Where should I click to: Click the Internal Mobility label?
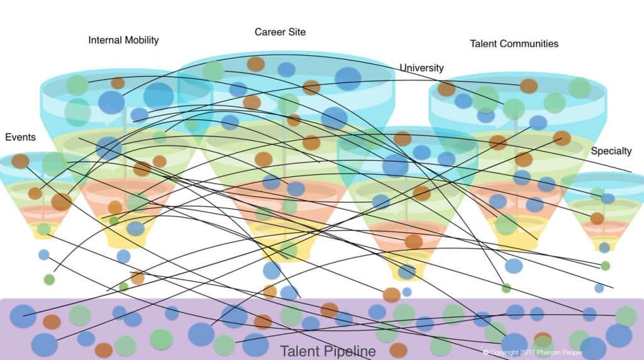tap(123, 40)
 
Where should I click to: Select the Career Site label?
tap(280, 31)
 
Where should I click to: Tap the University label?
tap(421, 68)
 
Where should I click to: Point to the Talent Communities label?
tap(514, 44)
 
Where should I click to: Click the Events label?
tap(20, 137)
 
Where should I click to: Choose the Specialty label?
tap(611, 152)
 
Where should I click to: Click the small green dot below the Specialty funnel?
tap(605, 266)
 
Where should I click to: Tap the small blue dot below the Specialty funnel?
tap(599, 288)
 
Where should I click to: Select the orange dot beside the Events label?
tap(20, 161)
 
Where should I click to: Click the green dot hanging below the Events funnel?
tap(49, 279)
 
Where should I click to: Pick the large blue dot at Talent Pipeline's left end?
tap(23, 316)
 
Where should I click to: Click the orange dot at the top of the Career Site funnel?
tap(255, 64)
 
